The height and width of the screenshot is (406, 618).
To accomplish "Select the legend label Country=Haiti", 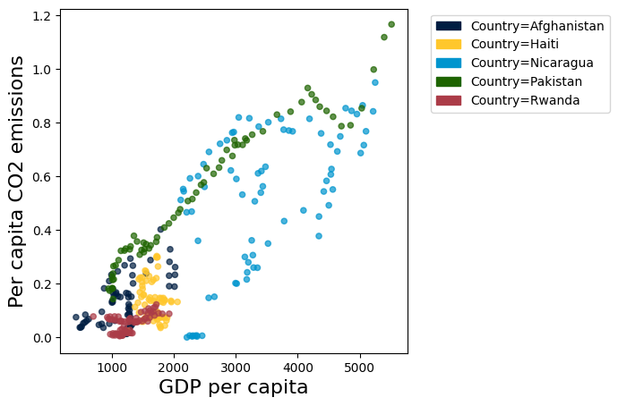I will [505, 45].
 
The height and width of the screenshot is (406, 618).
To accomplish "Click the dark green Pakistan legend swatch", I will [451, 81].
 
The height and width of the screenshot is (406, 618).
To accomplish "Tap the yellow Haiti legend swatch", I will [451, 45].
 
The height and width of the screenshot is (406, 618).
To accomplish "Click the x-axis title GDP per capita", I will [234, 387].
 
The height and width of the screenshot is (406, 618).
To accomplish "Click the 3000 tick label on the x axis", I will [236, 367].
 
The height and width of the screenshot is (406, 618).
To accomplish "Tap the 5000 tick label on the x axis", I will [360, 367].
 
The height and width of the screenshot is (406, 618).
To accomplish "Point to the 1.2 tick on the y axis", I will [41, 16].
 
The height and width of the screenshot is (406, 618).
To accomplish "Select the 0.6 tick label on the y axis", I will [41, 177].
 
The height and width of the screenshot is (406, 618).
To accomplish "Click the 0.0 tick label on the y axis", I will [41, 338].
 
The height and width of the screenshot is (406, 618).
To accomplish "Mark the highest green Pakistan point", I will [391, 24].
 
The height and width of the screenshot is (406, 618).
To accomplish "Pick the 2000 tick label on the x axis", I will [174, 367].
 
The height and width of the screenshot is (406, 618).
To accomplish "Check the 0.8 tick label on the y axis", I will [41, 123].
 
